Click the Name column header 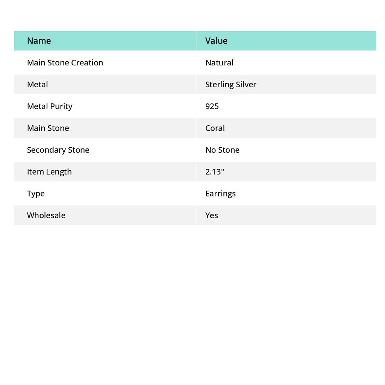pos(39,41)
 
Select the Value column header pos(216,41)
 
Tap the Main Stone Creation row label pos(65,62)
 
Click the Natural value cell pos(219,62)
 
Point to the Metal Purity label pos(50,106)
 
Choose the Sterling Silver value pos(230,84)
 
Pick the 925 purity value pos(212,106)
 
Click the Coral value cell pos(215,128)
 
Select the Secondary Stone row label pos(58,150)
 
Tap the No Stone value pos(222,150)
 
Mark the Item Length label pos(49,171)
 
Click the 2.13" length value pos(215,171)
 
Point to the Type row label pos(36,193)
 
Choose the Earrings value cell pos(220,193)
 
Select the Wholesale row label pos(46,215)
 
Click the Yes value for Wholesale pos(212,215)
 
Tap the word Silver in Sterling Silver pos(246,84)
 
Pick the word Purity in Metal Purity pos(61,106)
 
